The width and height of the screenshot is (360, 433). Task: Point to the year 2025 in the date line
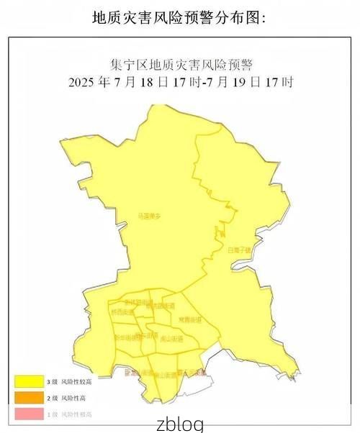tap(82, 82)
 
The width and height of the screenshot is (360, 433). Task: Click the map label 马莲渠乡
tap(149, 215)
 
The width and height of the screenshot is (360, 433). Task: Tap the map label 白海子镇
tap(238, 250)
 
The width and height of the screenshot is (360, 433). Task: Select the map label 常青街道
tap(189, 319)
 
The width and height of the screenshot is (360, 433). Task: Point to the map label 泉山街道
tap(171, 338)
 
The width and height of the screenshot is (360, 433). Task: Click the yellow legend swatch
tap(27, 381)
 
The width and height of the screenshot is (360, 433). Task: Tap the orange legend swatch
tap(27, 397)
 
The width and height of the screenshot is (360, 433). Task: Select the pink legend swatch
tap(27, 414)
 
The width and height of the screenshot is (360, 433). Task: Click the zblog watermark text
tap(179, 424)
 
